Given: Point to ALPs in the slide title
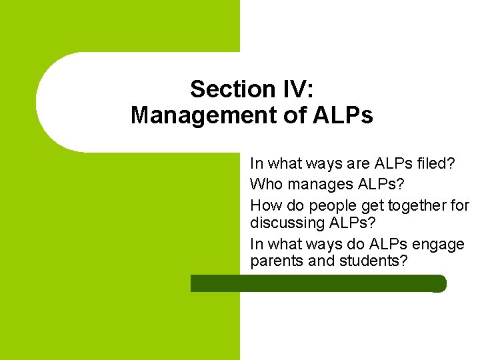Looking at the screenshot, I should pos(342,115).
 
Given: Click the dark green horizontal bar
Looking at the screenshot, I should pos(318,283).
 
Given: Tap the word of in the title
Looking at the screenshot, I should pos(289,115).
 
